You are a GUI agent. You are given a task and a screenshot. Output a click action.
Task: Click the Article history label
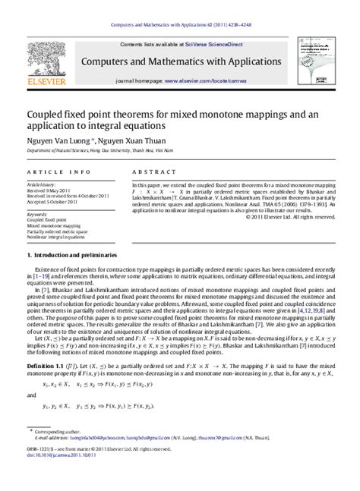point(42,184)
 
